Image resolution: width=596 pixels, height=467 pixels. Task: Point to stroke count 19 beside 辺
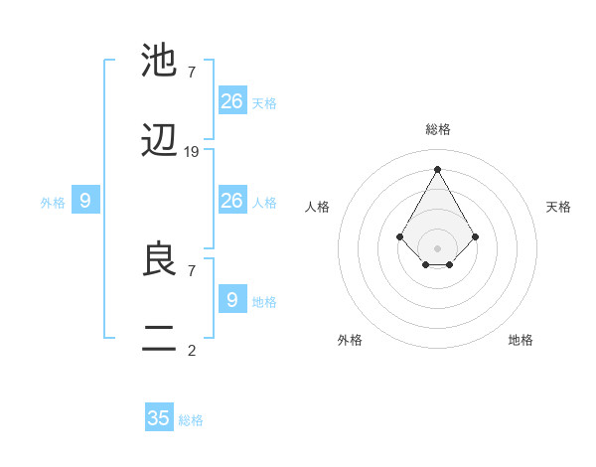coord(192,152)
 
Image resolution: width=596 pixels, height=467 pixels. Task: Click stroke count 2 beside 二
coord(192,349)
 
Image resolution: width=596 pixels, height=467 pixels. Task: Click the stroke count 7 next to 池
coord(192,72)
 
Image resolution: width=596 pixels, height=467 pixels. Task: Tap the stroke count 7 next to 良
coord(192,269)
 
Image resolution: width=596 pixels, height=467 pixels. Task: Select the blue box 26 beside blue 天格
coord(232,100)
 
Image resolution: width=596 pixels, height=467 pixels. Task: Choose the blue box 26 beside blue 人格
coord(232,201)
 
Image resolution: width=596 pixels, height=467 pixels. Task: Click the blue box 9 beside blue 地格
coord(232,298)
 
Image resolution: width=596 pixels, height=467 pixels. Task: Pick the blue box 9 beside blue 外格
coord(85,201)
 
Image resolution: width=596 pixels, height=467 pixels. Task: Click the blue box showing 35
coord(159,418)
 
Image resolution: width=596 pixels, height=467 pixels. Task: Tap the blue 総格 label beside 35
coord(192,420)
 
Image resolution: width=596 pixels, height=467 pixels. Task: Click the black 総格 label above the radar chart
coord(438,129)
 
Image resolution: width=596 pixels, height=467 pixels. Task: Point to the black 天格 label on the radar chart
coord(558,207)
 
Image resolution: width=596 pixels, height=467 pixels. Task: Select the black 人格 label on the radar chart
coord(318,207)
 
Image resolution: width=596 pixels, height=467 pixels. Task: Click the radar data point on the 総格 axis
coord(437,169)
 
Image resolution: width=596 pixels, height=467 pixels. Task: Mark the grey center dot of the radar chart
coord(437,247)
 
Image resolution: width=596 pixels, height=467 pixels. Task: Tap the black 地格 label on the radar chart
coord(521,340)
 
